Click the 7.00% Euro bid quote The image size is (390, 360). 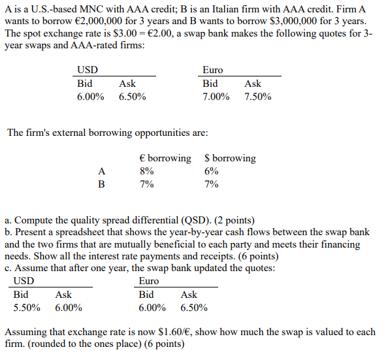pyautogui.click(x=216, y=97)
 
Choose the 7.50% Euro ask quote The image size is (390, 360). pyautogui.click(x=257, y=97)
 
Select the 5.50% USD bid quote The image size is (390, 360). pyautogui.click(x=27, y=307)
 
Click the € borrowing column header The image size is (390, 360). pyautogui.click(x=165, y=158)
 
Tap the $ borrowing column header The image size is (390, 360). pyautogui.click(x=230, y=158)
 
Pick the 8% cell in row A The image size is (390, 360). pyautogui.click(x=147, y=171)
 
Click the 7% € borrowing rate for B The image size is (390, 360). pyautogui.click(x=147, y=184)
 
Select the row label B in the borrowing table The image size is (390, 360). pyautogui.click(x=101, y=184)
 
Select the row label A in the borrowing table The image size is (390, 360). pyautogui.click(x=101, y=171)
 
